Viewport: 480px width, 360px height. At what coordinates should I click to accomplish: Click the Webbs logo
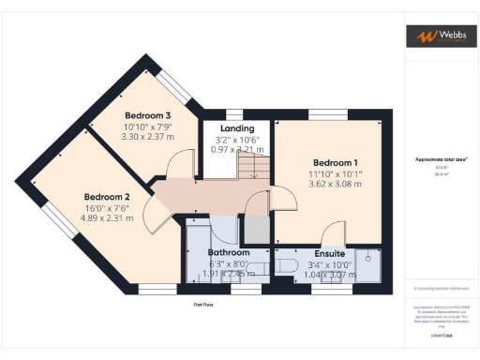[435, 37]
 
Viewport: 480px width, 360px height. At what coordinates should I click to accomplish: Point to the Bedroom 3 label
[147, 115]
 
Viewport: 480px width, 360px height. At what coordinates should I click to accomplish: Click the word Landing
[236, 128]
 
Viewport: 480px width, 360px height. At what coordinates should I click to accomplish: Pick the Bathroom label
[228, 253]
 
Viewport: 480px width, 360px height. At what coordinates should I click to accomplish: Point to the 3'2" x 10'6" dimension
[236, 140]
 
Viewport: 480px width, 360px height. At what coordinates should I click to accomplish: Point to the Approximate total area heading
[442, 159]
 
